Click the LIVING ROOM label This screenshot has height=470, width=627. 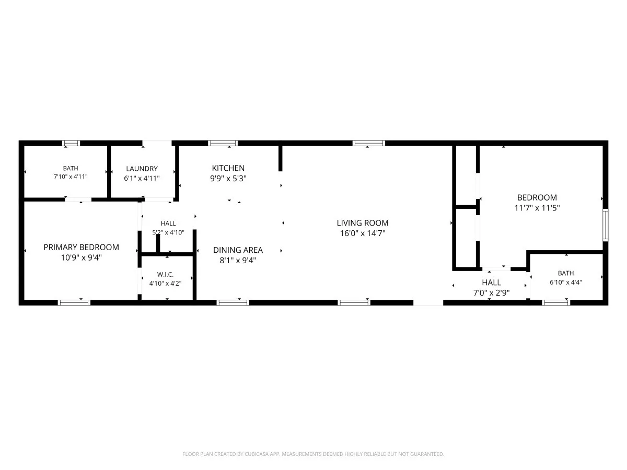coord(362,223)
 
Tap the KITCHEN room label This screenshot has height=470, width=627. coord(228,168)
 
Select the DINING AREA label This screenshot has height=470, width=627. coord(238,250)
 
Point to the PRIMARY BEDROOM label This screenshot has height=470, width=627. coord(81,247)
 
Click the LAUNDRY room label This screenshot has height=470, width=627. coord(142,169)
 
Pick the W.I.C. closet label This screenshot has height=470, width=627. coord(166,275)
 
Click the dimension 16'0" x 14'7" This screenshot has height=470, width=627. coord(363,233)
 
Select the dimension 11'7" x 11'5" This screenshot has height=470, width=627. coord(537,208)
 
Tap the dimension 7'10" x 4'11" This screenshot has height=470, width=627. coord(71,177)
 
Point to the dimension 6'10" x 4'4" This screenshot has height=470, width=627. coord(565,282)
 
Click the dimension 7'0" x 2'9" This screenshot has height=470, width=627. coord(491,293)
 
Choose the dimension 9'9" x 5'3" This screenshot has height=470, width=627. coord(228,179)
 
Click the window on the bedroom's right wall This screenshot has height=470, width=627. coord(605,225)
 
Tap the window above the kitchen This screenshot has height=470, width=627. coord(223,143)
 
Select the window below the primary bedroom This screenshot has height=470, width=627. coord(74,302)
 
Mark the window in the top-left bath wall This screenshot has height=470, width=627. coord(71,143)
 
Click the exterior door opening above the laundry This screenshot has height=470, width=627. coord(157,143)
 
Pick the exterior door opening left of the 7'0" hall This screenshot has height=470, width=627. coord(428,302)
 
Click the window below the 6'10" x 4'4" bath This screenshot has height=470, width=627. coord(556,302)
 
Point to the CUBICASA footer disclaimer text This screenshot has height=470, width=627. coord(313,454)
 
